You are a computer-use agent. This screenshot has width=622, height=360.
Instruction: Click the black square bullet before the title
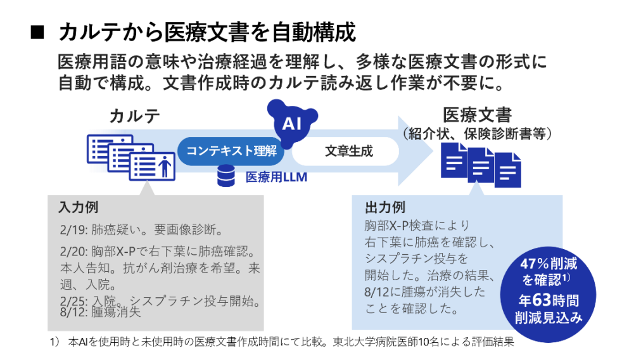[37, 32]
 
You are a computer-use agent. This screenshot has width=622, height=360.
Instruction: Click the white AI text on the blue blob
[291, 124]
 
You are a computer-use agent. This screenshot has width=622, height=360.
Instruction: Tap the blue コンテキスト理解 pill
[231, 151]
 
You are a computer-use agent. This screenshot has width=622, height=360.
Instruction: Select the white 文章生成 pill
[346, 151]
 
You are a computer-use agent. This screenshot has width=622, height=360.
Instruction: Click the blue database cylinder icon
[225, 176]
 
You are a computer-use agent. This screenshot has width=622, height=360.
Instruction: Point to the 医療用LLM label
[276, 177]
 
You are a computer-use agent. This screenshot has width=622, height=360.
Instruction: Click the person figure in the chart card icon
[164, 167]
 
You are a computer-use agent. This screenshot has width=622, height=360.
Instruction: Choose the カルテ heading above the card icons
[134, 116]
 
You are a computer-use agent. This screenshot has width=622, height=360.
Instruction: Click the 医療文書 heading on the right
[477, 115]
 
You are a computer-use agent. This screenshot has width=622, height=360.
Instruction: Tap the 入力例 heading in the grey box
[78, 207]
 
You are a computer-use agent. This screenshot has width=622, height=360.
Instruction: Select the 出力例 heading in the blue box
[384, 207]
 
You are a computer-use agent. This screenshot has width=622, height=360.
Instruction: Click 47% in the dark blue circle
[535, 264]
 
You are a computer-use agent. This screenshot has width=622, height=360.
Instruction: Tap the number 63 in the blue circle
[542, 300]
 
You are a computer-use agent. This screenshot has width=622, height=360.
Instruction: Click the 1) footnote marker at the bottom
[54, 342]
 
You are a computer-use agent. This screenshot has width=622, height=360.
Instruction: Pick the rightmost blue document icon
[508, 170]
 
